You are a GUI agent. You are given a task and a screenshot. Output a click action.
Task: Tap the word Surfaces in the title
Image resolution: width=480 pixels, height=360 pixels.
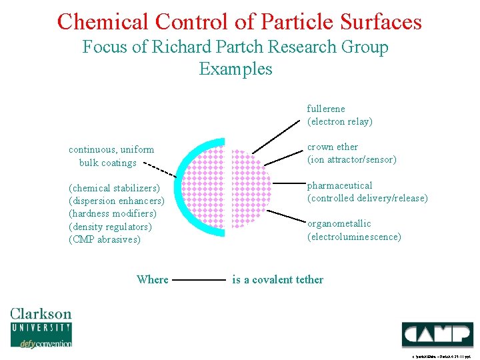pyautogui.click(x=381, y=21)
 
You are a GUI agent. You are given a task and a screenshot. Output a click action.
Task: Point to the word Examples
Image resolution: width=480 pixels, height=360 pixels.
pyautogui.click(x=235, y=69)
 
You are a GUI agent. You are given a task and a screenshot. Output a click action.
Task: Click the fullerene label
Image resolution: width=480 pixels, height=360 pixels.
pyautogui.click(x=326, y=109)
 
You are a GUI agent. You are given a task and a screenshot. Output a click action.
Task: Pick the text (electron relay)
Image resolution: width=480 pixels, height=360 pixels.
pyautogui.click(x=339, y=121)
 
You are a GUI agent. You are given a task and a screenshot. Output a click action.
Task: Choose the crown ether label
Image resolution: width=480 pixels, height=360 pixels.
pyautogui.click(x=332, y=147)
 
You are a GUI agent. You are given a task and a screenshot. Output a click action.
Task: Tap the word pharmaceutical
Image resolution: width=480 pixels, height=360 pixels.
pyautogui.click(x=339, y=185)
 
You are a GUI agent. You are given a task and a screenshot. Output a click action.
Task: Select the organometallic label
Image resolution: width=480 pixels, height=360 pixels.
pyautogui.click(x=339, y=223)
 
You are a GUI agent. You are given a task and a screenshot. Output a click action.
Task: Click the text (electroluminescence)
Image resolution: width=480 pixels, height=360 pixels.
pyautogui.click(x=354, y=237)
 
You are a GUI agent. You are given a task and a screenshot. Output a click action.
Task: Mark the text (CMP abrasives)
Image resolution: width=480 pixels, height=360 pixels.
pyautogui.click(x=105, y=240)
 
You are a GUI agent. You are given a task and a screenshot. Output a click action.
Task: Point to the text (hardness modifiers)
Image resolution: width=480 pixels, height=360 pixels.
pyautogui.click(x=113, y=214)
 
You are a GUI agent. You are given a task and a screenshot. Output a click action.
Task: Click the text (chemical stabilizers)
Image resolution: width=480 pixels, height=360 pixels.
pyautogui.click(x=114, y=188)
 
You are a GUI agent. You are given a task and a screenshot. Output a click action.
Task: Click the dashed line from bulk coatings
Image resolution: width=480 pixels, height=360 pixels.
pyautogui.click(x=160, y=167)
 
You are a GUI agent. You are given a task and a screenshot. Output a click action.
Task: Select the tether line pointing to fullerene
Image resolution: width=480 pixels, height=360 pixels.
pyautogui.click(x=276, y=136)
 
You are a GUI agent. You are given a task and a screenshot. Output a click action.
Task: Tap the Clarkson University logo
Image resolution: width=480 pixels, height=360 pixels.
pyautogui.click(x=41, y=327)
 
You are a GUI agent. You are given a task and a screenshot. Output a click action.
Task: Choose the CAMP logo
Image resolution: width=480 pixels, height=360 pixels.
pyautogui.click(x=437, y=333)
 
